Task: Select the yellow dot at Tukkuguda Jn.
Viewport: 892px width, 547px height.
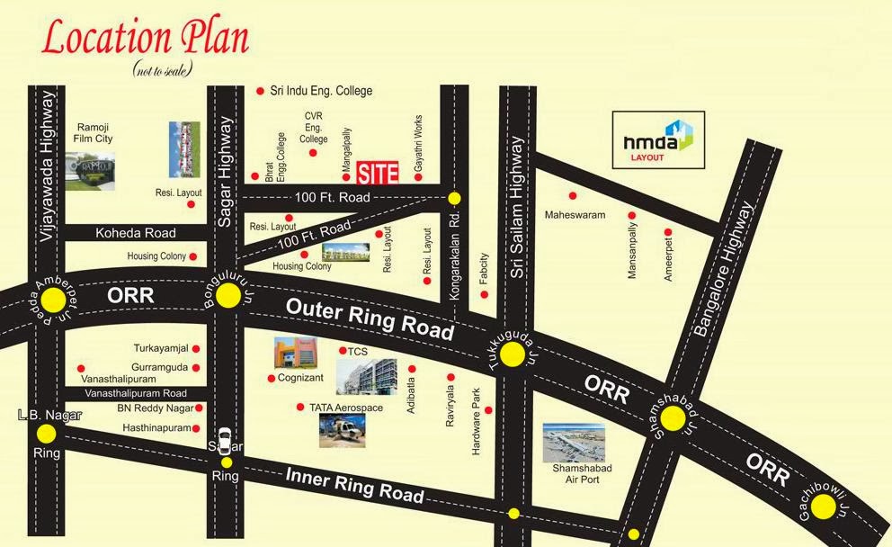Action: coord(512,355)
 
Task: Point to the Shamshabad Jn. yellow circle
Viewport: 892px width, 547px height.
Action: coord(673,418)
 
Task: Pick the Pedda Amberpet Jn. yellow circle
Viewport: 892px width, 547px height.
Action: coord(50,299)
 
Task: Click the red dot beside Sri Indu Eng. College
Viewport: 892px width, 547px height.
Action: coord(260,91)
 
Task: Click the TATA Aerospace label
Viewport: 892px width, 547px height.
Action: coord(346,408)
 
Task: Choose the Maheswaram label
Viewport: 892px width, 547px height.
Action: coord(575,215)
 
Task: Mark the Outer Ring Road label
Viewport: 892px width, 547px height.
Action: coord(370,318)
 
